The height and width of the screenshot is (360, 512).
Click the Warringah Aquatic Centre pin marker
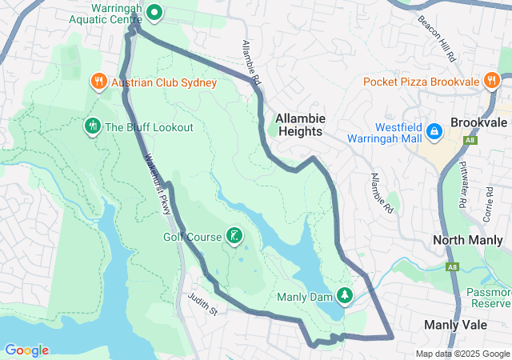154,13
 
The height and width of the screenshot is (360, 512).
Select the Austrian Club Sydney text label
164,82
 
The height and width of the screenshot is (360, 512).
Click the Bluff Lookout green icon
92,126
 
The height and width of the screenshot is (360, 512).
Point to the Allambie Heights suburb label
299,124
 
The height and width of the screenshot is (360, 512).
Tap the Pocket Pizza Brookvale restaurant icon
491,81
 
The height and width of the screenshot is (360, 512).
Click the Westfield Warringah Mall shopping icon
434,130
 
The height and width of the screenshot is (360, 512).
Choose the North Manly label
466,240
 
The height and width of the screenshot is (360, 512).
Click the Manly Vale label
451,324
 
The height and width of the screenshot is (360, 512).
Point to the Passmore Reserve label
490,298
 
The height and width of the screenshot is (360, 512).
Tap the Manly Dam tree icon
345,296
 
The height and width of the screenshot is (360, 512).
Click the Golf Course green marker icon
234,235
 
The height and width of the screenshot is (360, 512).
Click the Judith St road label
203,305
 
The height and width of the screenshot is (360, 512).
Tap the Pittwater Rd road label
462,185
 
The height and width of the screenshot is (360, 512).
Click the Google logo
26,350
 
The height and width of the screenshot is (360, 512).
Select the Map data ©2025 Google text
462,354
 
